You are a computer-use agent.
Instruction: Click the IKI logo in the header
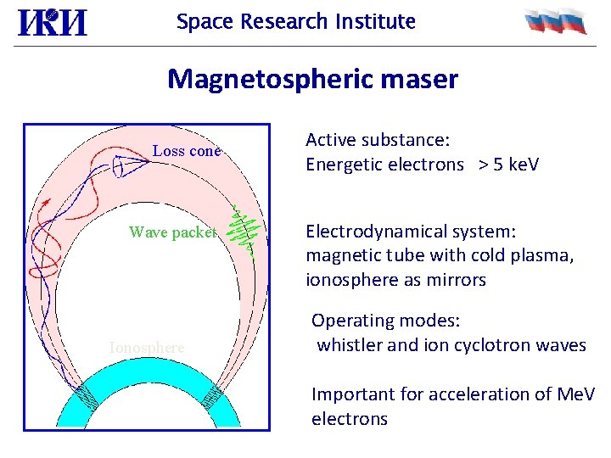52,22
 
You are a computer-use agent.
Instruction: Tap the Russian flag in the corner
555,21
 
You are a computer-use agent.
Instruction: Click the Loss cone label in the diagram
186,152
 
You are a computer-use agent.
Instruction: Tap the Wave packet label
173,232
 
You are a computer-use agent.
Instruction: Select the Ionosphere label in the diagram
146,347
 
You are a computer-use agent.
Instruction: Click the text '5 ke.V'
512,165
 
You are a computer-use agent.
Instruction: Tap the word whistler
349,345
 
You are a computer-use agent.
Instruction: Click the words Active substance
377,140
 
